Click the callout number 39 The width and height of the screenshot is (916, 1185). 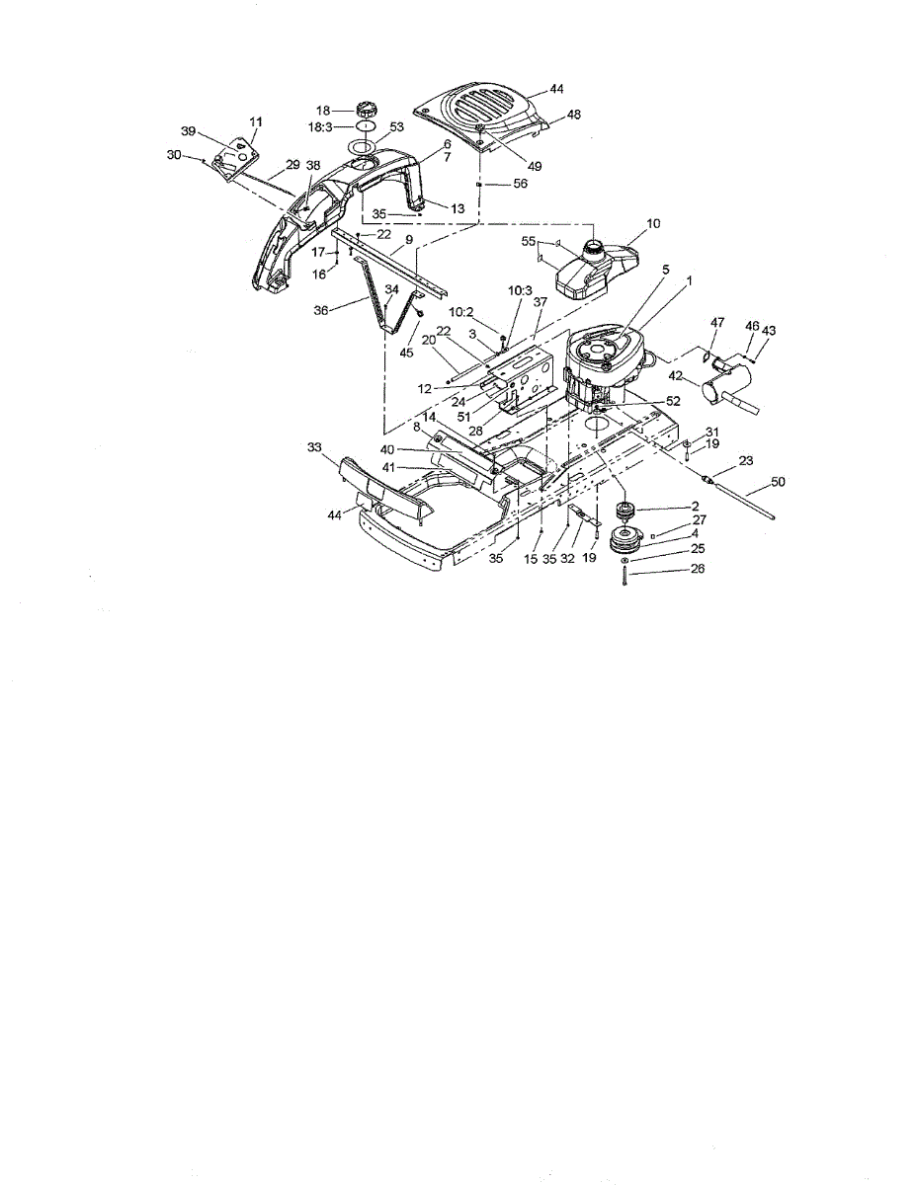(x=188, y=130)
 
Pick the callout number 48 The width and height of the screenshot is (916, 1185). (x=573, y=115)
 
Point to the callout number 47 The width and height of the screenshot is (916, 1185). (x=716, y=322)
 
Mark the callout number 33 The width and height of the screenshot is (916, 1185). (x=315, y=446)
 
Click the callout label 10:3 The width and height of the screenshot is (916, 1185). (x=520, y=289)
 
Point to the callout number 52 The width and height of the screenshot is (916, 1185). (x=673, y=401)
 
